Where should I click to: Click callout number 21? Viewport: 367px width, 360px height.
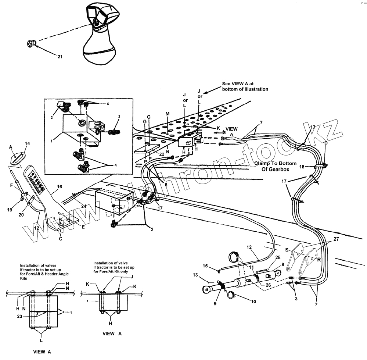60,56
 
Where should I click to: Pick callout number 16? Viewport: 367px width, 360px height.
59,187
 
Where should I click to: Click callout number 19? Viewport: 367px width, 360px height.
10,210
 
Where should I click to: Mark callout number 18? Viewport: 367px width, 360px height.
302,167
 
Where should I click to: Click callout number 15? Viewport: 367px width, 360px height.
205,265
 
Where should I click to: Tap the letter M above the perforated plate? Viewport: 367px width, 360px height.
168,114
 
